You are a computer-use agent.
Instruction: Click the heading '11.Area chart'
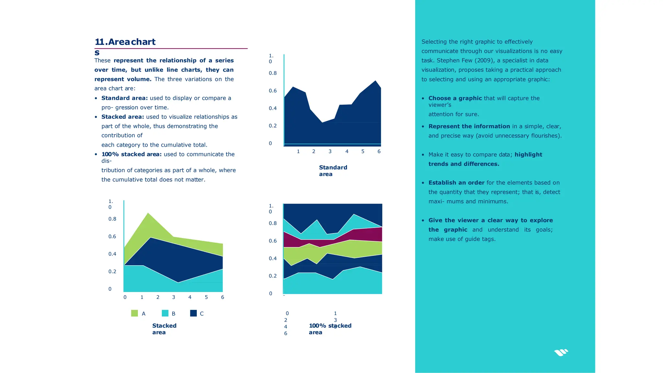coord(125,42)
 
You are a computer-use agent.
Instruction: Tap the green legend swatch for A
coord(134,313)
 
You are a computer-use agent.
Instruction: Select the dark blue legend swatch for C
coord(193,313)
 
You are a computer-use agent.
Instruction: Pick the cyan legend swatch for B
coord(165,313)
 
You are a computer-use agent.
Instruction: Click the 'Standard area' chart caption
coord(333,171)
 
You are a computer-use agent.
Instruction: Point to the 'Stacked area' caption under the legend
coord(164,329)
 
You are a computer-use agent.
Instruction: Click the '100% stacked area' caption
coord(330,329)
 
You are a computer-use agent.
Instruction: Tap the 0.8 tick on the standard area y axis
coord(273,73)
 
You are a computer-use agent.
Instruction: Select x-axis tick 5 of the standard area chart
coord(363,152)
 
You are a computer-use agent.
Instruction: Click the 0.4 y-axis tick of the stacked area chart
coord(112,254)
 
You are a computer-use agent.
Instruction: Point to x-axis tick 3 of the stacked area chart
coord(174,297)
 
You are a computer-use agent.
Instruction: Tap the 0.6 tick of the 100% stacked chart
coord(273,241)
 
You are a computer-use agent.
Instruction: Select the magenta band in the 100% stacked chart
coord(366,235)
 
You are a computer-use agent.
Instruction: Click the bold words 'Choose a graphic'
coord(455,98)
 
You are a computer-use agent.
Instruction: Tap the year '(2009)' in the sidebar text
coord(484,61)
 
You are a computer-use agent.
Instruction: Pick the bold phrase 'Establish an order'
coord(456,183)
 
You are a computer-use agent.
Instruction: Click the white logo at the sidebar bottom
coord(561,353)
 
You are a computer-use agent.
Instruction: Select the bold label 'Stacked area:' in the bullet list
coord(122,117)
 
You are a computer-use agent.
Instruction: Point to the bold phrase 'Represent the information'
coord(469,126)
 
